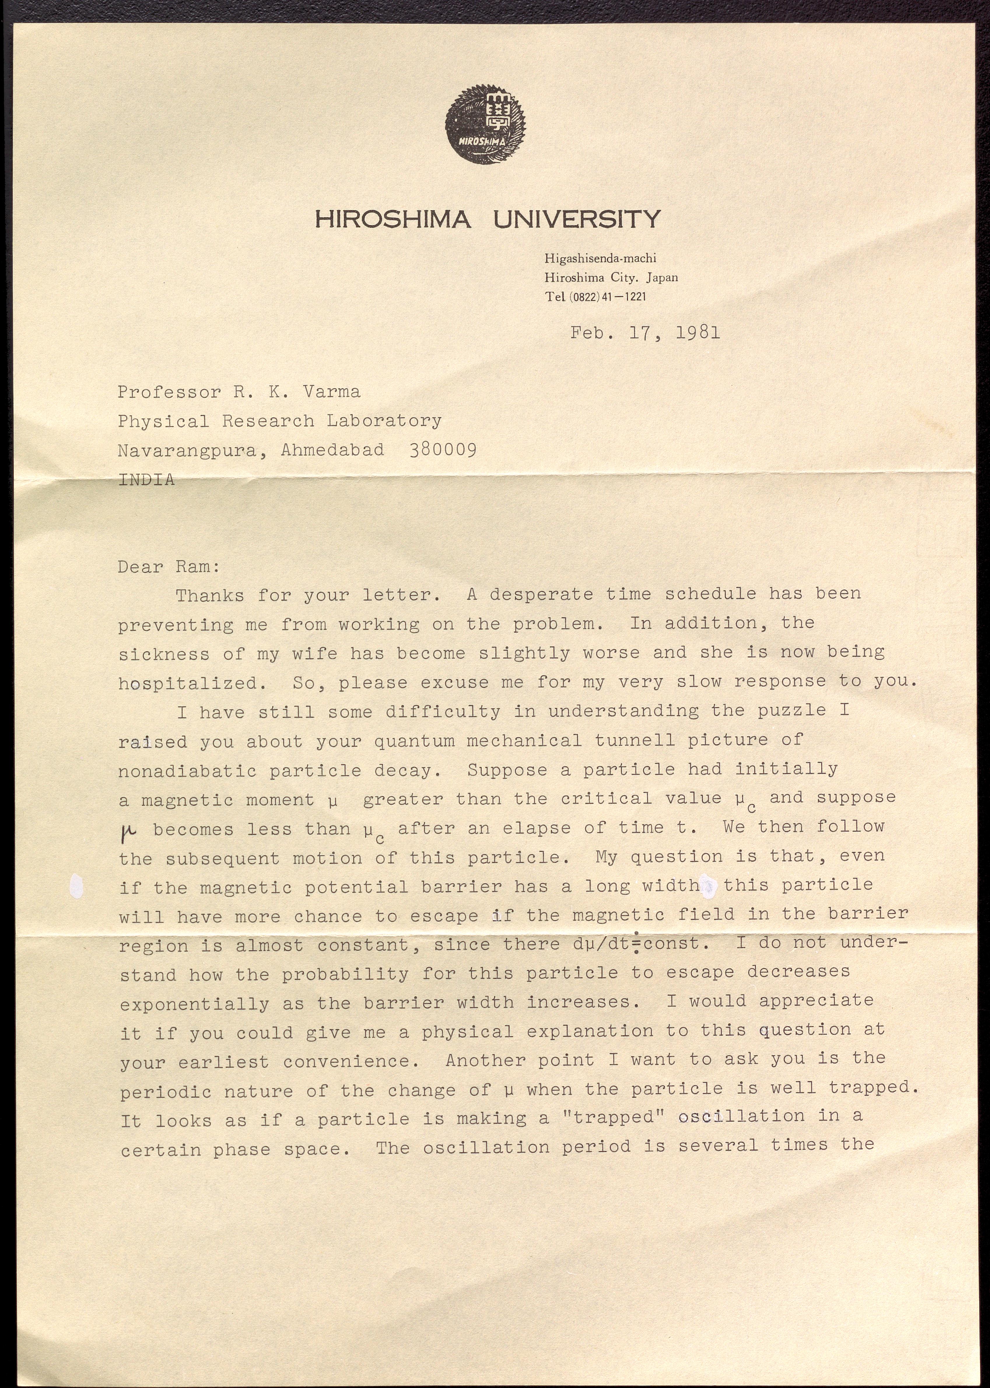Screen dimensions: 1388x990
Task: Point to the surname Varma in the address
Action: tap(332, 392)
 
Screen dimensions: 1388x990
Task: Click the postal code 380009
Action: tap(443, 450)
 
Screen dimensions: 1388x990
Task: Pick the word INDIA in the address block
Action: tap(146, 479)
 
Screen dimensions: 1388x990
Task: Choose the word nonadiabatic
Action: tap(187, 771)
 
